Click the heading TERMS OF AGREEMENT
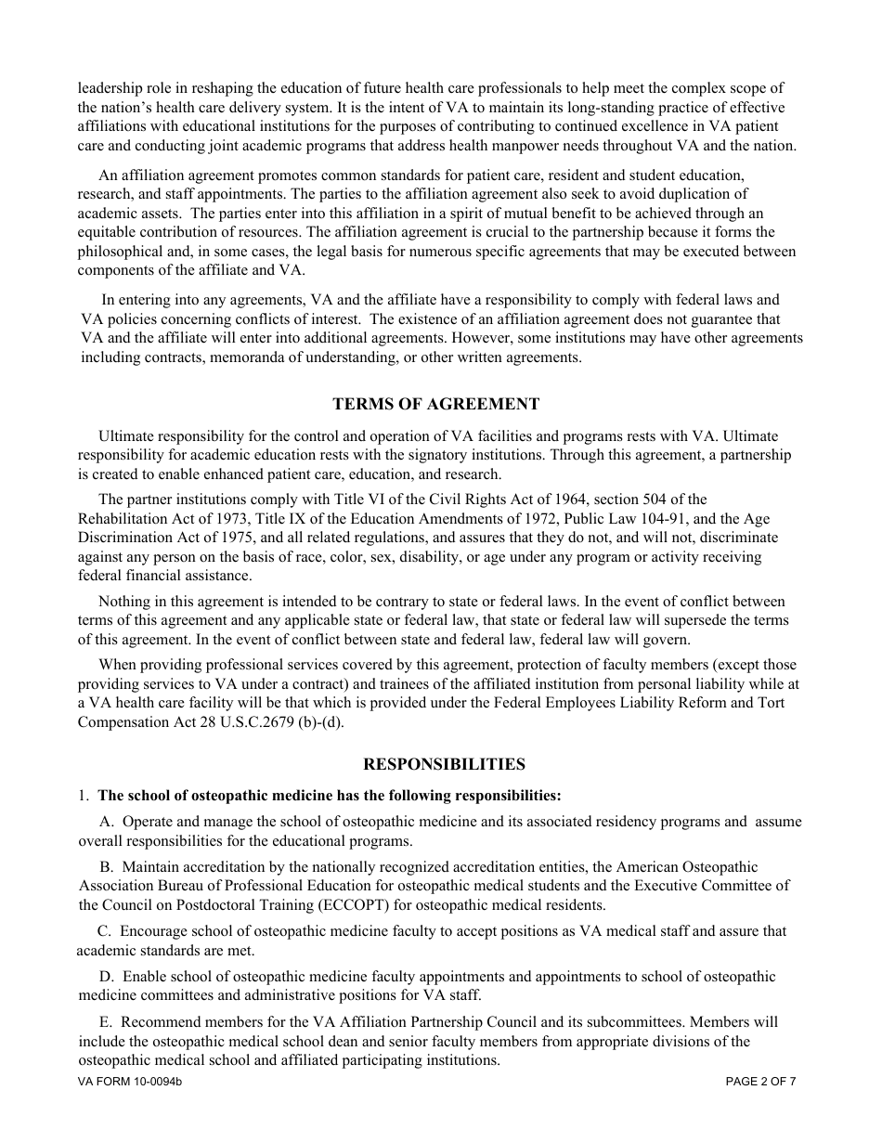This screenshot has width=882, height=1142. tap(435, 404)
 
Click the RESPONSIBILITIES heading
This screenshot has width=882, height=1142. tap(444, 764)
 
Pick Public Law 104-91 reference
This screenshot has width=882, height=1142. tap(623, 519)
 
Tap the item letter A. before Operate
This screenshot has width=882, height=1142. tap(106, 822)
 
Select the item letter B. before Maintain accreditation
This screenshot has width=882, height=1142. tap(106, 867)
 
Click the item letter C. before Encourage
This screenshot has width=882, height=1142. tap(104, 931)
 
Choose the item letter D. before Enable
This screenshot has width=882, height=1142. tap(106, 977)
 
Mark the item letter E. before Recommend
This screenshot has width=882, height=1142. tap(106, 1022)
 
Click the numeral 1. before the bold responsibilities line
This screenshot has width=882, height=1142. tap(84, 796)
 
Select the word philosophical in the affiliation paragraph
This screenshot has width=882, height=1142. tap(120, 252)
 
